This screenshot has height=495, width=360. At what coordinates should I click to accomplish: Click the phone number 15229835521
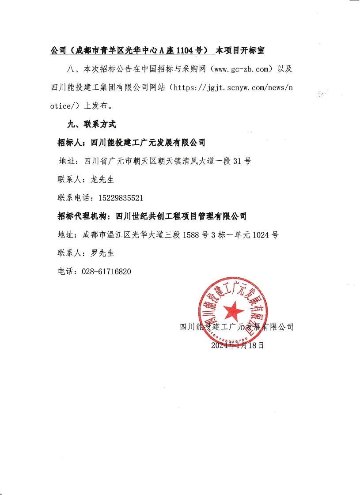pyautogui.click(x=118, y=198)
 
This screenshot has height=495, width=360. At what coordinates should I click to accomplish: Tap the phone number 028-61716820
pyautogui.click(x=106, y=272)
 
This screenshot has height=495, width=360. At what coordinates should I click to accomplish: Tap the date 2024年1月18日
pyautogui.click(x=238, y=345)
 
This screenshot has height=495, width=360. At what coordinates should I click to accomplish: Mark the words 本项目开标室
pyautogui.click(x=240, y=51)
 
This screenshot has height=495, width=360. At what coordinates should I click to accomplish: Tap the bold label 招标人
pyautogui.click(x=71, y=143)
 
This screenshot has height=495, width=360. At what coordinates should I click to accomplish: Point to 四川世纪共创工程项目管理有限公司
pyautogui.click(x=181, y=216)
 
